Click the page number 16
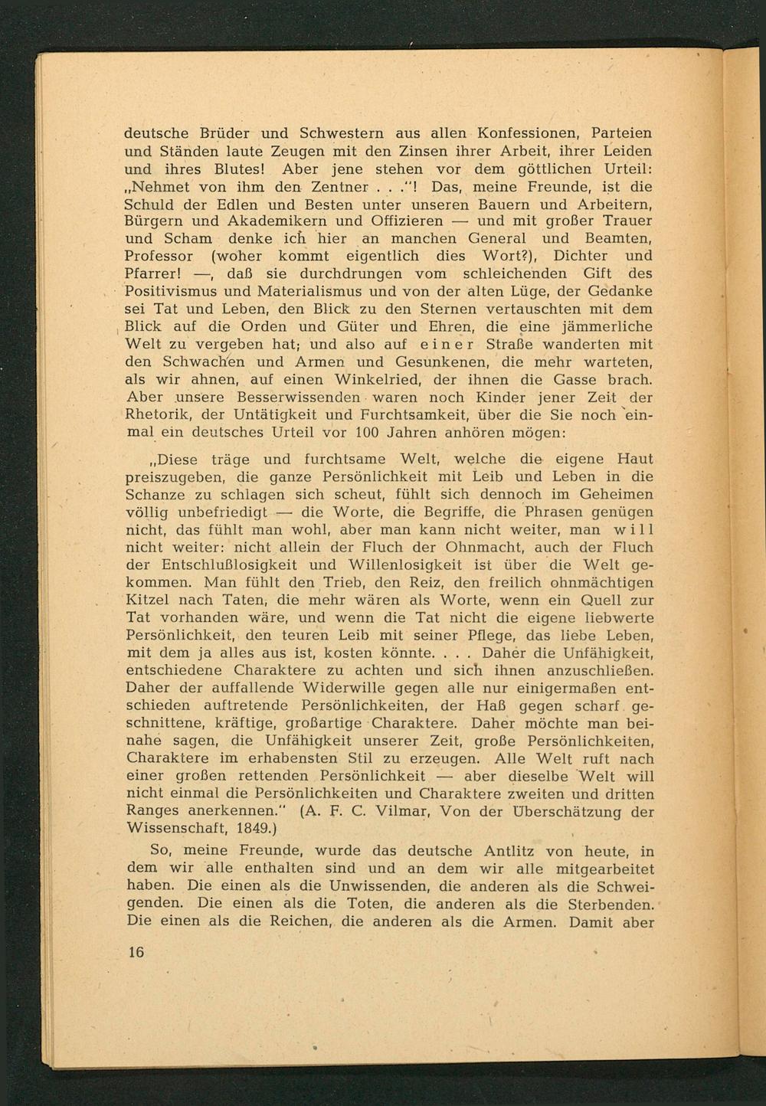click(x=136, y=952)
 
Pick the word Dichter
click(x=581, y=256)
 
